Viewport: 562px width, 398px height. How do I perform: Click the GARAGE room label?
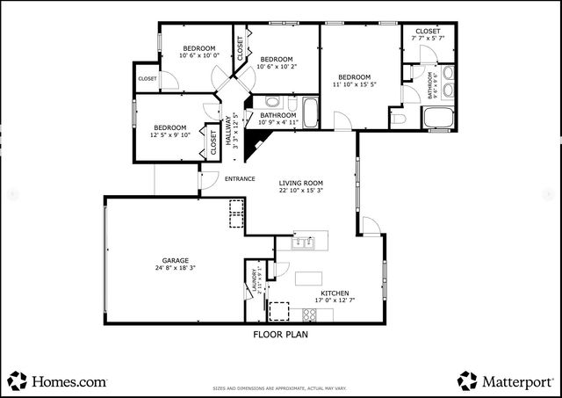pyautogui.click(x=175, y=260)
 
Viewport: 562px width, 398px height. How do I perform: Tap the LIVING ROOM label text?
pyautogui.click(x=301, y=182)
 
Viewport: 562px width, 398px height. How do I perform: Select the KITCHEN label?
pyautogui.click(x=335, y=293)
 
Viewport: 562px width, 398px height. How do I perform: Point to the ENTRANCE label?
pyautogui.click(x=240, y=179)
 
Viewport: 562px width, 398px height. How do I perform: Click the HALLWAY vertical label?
pyautogui.click(x=227, y=132)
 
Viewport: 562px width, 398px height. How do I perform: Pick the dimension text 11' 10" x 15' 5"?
pyautogui.click(x=356, y=84)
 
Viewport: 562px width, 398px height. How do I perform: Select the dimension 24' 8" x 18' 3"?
pyautogui.click(x=175, y=268)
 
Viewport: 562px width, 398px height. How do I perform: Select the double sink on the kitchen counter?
pyautogui.click(x=304, y=241)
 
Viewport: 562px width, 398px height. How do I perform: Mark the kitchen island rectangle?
pyautogui.click(x=308, y=279)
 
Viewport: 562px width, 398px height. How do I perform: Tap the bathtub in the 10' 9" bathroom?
pyautogui.click(x=312, y=112)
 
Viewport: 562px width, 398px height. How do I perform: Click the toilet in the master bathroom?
pyautogui.click(x=397, y=119)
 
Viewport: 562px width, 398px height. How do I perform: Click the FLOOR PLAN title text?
pyautogui.click(x=281, y=334)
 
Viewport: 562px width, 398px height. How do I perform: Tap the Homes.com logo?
pyautogui.click(x=58, y=381)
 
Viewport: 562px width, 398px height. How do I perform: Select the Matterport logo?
pyautogui.click(x=506, y=381)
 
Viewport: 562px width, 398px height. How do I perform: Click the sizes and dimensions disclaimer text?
pyautogui.click(x=281, y=387)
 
